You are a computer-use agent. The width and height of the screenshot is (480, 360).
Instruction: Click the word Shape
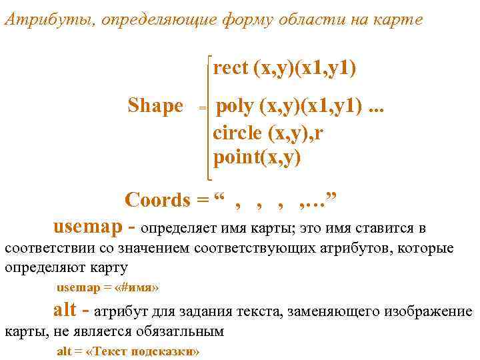tap(155, 106)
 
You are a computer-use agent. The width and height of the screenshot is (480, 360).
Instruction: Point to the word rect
tap(231, 67)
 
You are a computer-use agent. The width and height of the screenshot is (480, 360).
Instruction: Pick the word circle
tap(237, 132)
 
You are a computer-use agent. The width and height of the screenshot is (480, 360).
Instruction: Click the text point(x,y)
tap(257, 157)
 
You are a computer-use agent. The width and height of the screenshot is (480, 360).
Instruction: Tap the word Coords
tap(157, 199)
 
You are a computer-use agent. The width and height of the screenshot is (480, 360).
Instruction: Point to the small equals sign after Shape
tap(203, 107)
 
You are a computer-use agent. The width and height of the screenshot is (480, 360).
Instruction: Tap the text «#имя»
tap(136, 288)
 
